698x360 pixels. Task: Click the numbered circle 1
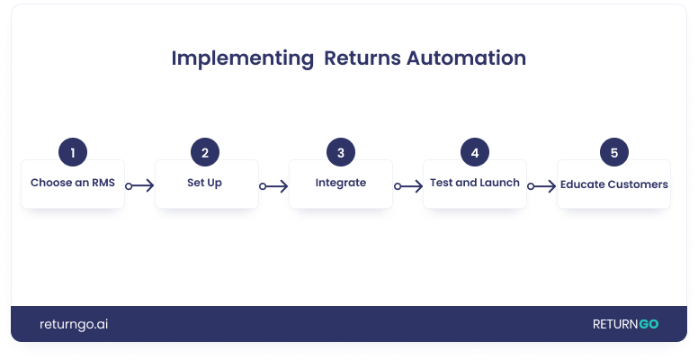(72, 152)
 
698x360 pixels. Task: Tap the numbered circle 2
(205, 152)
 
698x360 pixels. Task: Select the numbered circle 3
(340, 152)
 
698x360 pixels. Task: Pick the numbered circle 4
(474, 152)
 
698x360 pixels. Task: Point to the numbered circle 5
(613, 152)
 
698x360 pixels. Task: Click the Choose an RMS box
(72, 184)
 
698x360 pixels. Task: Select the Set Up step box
(206, 184)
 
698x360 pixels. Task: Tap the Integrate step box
(340, 184)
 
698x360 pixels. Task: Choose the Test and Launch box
(474, 184)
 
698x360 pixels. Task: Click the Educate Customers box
(613, 184)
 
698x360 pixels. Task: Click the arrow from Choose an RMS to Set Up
(139, 186)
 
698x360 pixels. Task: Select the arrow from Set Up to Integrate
(273, 186)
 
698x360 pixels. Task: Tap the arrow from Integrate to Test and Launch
(407, 186)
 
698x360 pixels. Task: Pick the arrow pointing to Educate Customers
(541, 186)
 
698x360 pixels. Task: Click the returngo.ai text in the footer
(74, 324)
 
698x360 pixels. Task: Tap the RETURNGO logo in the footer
(625, 324)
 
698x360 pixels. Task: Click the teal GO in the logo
(649, 324)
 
